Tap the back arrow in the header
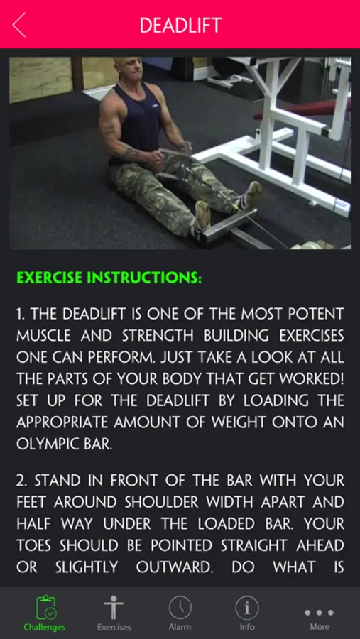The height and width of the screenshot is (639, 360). [x=19, y=24]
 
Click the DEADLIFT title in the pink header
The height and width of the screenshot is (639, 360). [x=180, y=26]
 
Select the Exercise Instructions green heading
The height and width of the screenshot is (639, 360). [x=109, y=278]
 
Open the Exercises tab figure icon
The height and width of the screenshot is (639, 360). [x=114, y=607]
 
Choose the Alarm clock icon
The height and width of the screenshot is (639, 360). [x=180, y=607]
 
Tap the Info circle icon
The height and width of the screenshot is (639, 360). [x=247, y=607]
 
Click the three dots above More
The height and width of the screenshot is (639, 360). [x=320, y=613]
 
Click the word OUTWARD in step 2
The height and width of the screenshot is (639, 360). [x=175, y=567]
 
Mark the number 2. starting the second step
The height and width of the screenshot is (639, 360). [x=22, y=481]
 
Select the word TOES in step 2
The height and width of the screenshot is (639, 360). [x=35, y=545]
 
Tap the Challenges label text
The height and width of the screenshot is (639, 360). [x=45, y=627]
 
